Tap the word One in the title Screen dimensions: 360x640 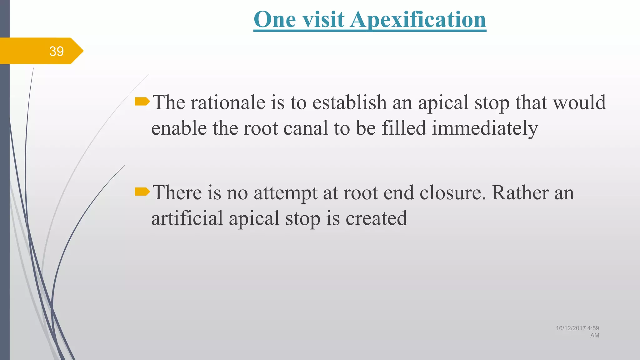pos(275,19)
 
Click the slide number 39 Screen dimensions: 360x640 pos(57,51)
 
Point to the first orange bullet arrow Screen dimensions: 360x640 pos(142,101)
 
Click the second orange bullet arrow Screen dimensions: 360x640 pos(142,191)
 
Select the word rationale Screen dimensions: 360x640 pos(228,102)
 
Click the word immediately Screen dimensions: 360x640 pos(485,129)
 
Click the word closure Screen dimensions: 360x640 pos(453,192)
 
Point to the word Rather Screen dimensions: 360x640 pos(520,192)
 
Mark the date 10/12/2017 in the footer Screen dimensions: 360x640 pos(571,328)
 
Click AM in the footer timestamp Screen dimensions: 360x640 pos(595,335)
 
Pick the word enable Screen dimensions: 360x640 pos(179,128)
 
